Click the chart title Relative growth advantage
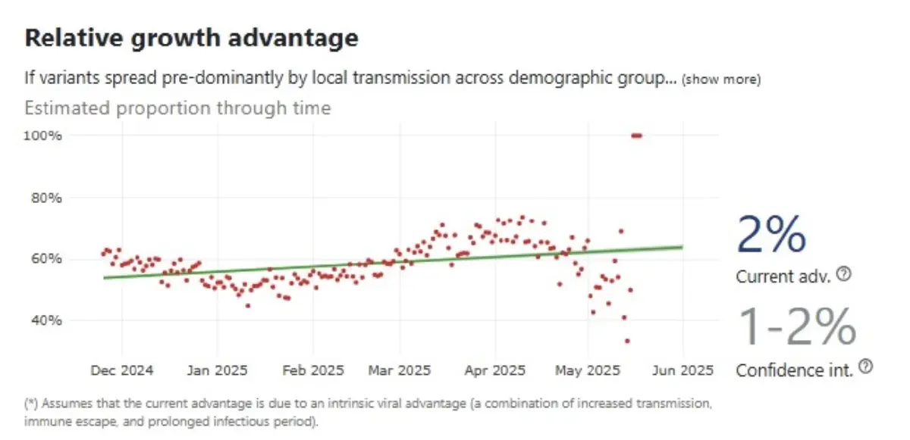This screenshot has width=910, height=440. (x=191, y=39)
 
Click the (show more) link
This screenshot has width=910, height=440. (x=721, y=79)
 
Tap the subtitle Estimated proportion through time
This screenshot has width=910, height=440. (x=177, y=108)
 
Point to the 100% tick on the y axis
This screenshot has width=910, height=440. (x=45, y=136)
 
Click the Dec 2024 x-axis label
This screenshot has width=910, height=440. (x=122, y=370)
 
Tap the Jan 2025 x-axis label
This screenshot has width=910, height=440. (x=217, y=370)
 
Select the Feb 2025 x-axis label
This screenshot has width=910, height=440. (x=312, y=370)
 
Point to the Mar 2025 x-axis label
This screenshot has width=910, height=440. (x=399, y=370)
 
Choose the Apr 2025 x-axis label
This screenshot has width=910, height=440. (x=494, y=370)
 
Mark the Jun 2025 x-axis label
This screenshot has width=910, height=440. (x=682, y=370)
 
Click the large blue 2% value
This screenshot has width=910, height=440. (x=770, y=234)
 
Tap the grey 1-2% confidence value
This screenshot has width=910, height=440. (x=796, y=327)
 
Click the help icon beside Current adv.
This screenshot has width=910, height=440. (x=843, y=275)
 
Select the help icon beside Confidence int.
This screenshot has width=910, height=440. (x=867, y=367)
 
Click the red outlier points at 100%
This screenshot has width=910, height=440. (x=636, y=136)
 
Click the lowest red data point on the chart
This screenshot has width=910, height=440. (x=627, y=341)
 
